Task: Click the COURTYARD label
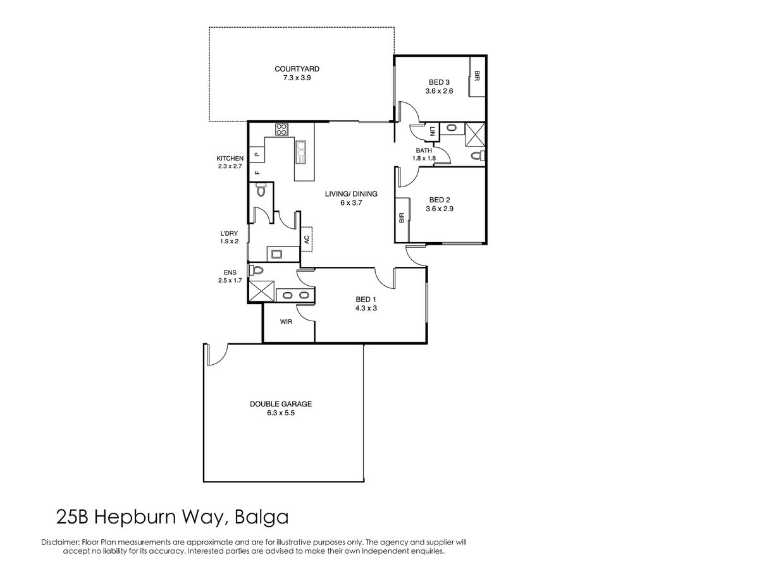(x=297, y=69)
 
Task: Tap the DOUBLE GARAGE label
(x=281, y=404)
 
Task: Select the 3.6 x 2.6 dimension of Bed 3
(x=439, y=91)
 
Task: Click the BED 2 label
(x=440, y=200)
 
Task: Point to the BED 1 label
(x=366, y=300)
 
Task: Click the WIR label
(x=286, y=322)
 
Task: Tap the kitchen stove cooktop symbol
(x=281, y=130)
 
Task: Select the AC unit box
(x=306, y=239)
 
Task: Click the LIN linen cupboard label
(x=432, y=132)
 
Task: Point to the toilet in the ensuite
(x=256, y=270)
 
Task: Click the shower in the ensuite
(x=262, y=291)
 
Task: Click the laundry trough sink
(x=276, y=255)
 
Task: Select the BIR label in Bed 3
(x=477, y=76)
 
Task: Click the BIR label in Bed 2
(x=402, y=217)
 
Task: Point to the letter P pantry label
(x=257, y=155)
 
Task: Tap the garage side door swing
(x=218, y=355)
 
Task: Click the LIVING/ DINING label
(x=351, y=194)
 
